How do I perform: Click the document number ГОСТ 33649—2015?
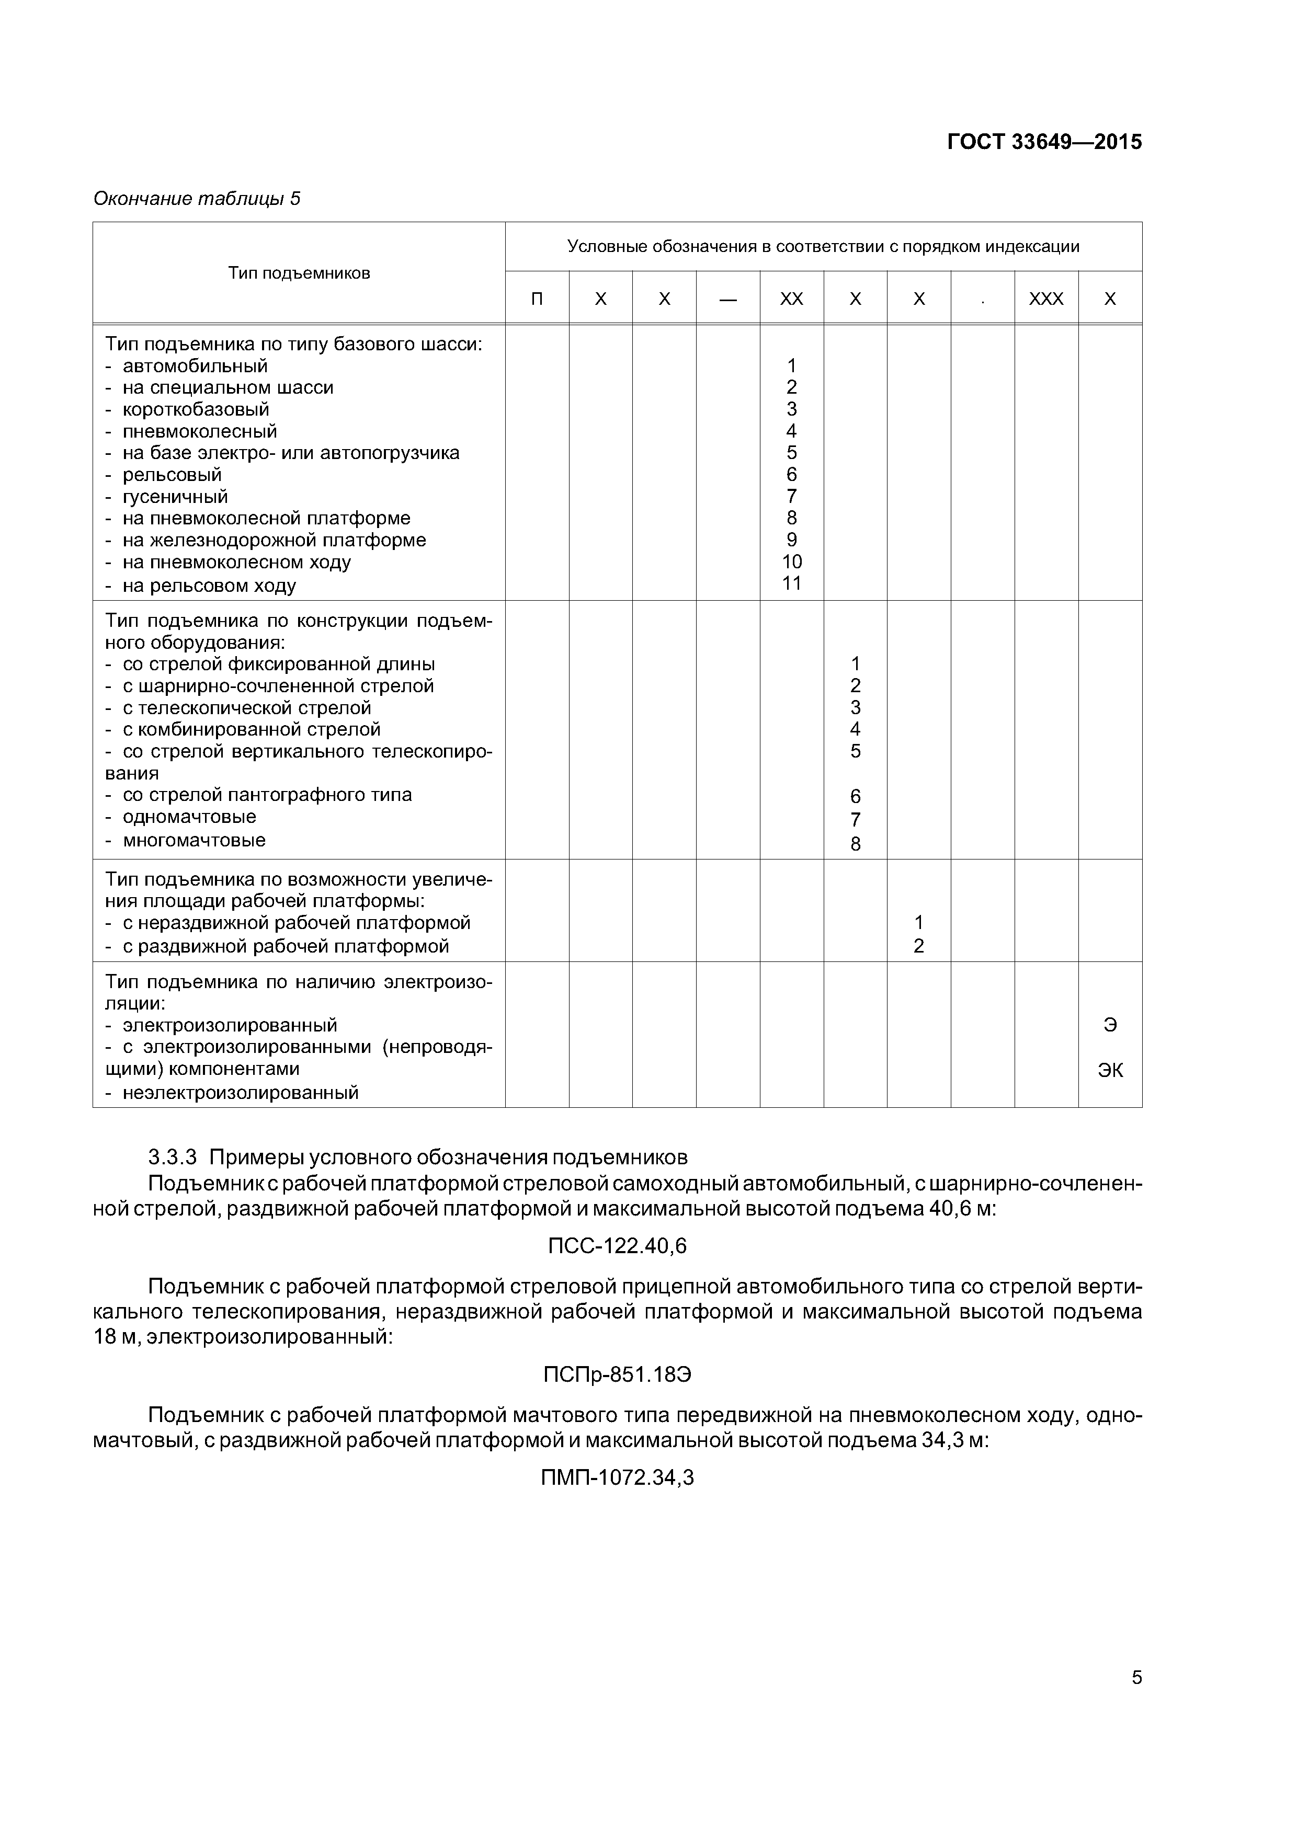[1044, 142]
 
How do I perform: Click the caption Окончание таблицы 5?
[197, 198]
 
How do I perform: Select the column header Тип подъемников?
[299, 273]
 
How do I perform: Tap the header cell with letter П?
[537, 299]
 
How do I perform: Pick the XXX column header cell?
[1046, 299]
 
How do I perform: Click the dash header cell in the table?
[727, 299]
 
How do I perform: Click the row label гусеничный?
[175, 497]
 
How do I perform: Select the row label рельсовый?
[172, 475]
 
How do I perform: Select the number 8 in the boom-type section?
[855, 844]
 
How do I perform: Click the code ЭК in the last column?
[1110, 1070]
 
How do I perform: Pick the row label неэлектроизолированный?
[240, 1093]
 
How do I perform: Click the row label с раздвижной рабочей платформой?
[286, 947]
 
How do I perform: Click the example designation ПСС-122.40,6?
[617, 1246]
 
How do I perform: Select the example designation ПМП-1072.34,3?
[617, 1478]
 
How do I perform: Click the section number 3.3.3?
[173, 1157]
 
